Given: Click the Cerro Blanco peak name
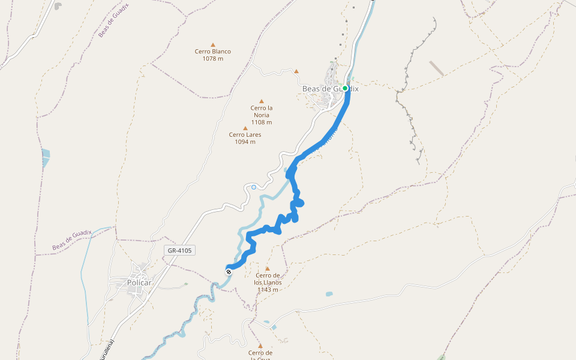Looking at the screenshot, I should (x=212, y=52).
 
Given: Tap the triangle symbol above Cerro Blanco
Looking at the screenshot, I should (x=212, y=44).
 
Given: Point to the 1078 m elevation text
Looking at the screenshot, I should (x=212, y=59).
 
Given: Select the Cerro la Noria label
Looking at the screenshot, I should (x=261, y=111).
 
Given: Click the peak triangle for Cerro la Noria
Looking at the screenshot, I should (x=261, y=101).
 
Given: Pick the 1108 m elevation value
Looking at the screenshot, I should (x=261, y=122).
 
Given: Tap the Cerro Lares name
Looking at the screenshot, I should (x=245, y=134).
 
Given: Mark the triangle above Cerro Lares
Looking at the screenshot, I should (x=245, y=128).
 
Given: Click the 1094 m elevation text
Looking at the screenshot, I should (x=245, y=142).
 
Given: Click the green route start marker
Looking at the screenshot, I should (x=345, y=88).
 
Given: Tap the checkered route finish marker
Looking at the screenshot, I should (x=229, y=272).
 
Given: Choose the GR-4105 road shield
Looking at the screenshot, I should (x=180, y=250).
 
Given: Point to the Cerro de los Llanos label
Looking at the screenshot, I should (x=268, y=279).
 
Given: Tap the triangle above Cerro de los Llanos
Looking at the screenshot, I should (x=268, y=269).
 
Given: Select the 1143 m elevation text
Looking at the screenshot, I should (x=268, y=290).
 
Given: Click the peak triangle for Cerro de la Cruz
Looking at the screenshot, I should (x=260, y=346).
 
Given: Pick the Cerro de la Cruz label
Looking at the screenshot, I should (x=260, y=355).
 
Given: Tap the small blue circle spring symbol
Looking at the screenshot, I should (x=254, y=187).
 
